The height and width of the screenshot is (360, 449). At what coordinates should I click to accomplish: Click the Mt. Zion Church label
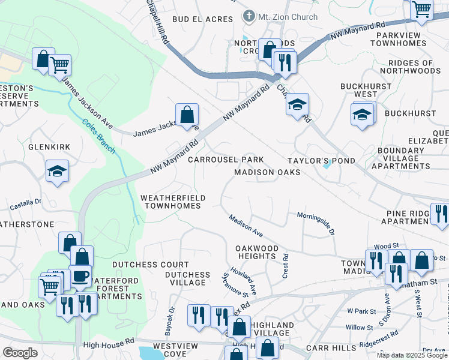tap(288, 17)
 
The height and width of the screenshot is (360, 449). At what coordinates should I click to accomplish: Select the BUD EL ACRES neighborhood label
tap(202, 19)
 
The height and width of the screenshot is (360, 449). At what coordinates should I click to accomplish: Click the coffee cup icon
tap(80, 276)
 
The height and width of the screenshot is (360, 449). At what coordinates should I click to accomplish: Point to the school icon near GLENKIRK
tap(58, 172)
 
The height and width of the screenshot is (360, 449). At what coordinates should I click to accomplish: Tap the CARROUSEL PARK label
tap(225, 160)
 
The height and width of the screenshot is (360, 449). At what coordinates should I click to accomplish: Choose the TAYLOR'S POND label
tap(321, 161)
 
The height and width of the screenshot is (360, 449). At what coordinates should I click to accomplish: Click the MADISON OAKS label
tap(267, 172)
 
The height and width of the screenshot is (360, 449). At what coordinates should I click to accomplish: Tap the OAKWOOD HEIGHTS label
tap(257, 252)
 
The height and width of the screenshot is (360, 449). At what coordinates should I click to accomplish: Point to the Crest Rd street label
tap(285, 265)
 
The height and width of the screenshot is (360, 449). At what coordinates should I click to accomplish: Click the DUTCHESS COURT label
tap(151, 264)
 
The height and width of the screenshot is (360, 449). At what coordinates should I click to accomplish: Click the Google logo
tap(20, 353)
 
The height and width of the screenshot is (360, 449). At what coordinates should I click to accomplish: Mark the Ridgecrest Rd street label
tap(378, 339)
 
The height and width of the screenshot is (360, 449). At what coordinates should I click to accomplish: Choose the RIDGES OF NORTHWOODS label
tap(414, 67)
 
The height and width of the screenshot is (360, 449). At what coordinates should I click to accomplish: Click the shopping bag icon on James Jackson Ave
tap(187, 113)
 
